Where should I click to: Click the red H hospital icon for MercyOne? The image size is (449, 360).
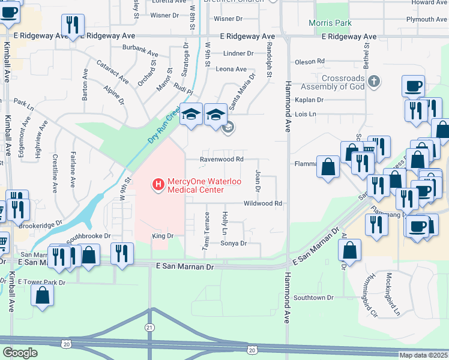[158, 184]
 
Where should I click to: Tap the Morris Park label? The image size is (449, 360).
[330, 23]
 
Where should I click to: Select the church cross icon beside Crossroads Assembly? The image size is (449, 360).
[373, 80]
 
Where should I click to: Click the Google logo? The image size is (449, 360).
[20, 352]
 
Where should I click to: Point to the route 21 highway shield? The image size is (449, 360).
[149, 327]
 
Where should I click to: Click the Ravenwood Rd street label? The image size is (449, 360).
[221, 160]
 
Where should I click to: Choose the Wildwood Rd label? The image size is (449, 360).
[262, 204]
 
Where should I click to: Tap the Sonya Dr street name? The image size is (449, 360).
[234, 244]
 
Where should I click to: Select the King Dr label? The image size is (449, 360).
[163, 236]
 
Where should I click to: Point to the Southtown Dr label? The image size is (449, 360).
[313, 298]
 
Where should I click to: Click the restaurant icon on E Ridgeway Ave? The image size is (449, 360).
[73, 25]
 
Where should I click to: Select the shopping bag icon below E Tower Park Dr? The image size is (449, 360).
[42, 295]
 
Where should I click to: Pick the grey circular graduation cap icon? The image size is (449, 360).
[228, 127]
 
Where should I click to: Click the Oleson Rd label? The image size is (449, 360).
[309, 61]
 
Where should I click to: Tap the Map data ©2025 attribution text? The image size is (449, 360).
[423, 355]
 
